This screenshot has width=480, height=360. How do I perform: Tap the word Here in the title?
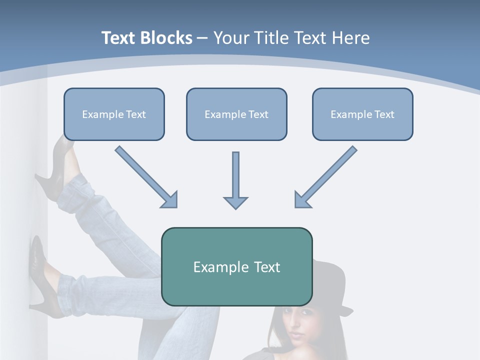[x=351, y=38]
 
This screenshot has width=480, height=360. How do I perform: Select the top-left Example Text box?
[x=114, y=114]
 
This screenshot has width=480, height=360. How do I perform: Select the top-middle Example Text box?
[x=236, y=114]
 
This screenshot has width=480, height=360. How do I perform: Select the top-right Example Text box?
[x=362, y=114]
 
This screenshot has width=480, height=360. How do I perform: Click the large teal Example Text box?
[x=236, y=266]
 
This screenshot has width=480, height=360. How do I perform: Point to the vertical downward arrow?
[x=235, y=175]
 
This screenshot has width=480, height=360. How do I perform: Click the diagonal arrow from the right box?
[x=327, y=176]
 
